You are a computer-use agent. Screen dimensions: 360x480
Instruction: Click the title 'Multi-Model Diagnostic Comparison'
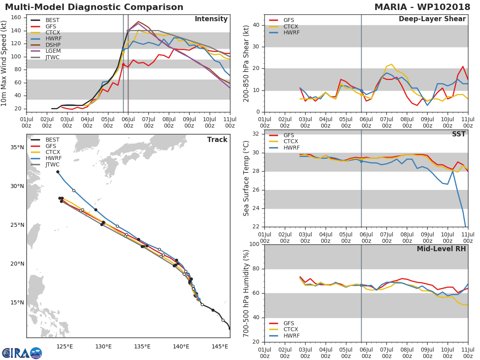click(x=94, y=7)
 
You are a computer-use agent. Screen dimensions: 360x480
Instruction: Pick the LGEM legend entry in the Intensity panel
click(x=52, y=52)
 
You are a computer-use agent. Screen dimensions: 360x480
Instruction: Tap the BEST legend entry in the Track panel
click(x=52, y=140)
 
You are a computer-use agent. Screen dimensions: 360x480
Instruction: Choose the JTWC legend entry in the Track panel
click(x=52, y=164)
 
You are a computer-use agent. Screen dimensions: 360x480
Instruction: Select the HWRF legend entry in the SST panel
click(x=291, y=148)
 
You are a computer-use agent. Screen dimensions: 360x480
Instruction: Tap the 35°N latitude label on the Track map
click(x=17, y=147)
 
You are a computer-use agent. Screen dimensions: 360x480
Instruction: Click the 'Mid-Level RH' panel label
click(x=441, y=249)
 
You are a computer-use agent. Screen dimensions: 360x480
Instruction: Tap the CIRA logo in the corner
click(x=21, y=353)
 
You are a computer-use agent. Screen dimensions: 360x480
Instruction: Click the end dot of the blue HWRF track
click(x=58, y=172)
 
